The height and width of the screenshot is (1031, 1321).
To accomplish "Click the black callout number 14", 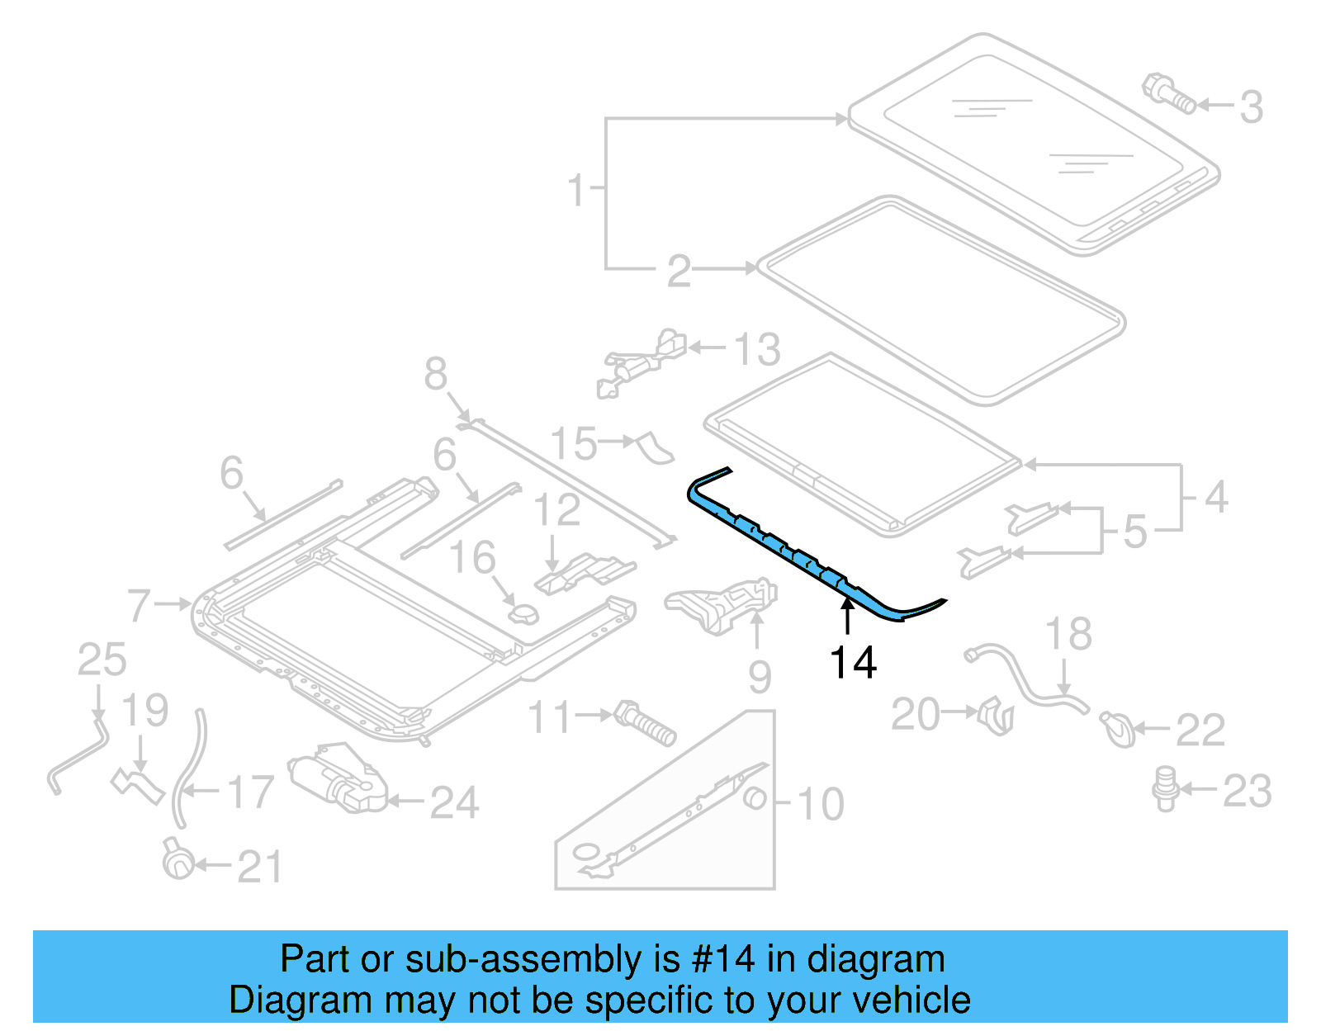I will (853, 663).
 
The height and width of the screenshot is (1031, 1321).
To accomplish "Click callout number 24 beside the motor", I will (454, 802).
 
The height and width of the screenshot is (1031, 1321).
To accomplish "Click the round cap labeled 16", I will (523, 614).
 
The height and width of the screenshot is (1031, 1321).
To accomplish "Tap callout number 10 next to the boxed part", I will (821, 803).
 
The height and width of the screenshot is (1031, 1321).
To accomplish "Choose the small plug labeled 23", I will (1165, 787).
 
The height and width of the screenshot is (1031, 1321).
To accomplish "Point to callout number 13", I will (757, 349).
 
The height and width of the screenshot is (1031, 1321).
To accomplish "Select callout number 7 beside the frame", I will (140, 605).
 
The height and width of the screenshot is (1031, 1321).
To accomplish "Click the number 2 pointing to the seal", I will (679, 271).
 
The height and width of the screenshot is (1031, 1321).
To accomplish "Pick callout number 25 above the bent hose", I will (102, 660).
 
